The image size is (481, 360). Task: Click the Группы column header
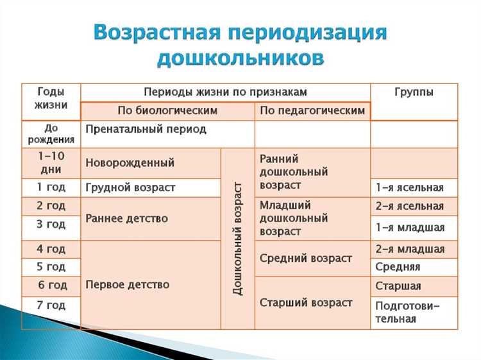[414, 92]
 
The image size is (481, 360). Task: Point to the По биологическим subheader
[167, 111]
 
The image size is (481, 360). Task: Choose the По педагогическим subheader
[312, 111]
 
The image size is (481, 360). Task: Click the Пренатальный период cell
[146, 130]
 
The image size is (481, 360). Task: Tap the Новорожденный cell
[130, 163]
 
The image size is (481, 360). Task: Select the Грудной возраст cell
[130, 188]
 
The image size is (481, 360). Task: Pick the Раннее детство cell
[127, 218]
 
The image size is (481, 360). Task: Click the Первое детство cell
[128, 284]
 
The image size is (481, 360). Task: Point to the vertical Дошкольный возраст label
[238, 238]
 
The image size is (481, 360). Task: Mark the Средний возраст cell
[306, 259]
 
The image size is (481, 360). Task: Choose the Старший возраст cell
[306, 303]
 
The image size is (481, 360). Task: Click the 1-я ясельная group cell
[410, 188]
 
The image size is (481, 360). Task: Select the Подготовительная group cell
[407, 313]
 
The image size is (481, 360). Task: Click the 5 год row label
[51, 267]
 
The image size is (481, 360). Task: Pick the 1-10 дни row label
[51, 163]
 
